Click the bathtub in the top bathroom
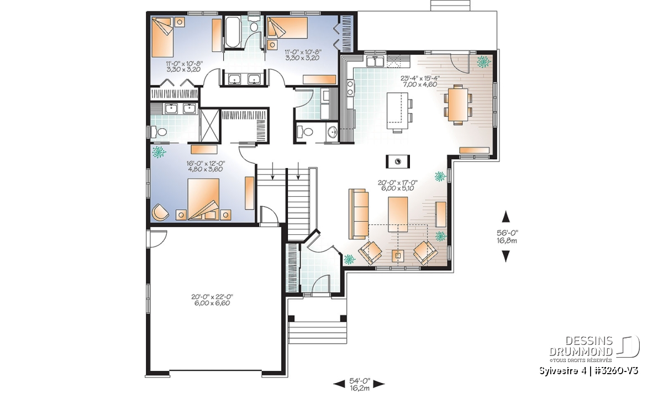pyautogui.click(x=232, y=32)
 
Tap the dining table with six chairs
pyautogui.click(x=457, y=104)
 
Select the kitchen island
pyautogui.click(x=397, y=111)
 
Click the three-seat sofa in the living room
pyautogui.click(x=359, y=214)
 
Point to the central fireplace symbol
pyautogui.click(x=398, y=161)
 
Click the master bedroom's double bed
pyautogui.click(x=203, y=199)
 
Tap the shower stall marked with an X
pyautogui.click(x=209, y=125)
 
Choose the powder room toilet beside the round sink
pyautogui.click(x=305, y=132)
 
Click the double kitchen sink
pyautogui.click(x=375, y=61)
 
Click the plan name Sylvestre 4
pyautogui.click(x=564, y=371)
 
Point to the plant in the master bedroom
pyautogui.click(x=159, y=152)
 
